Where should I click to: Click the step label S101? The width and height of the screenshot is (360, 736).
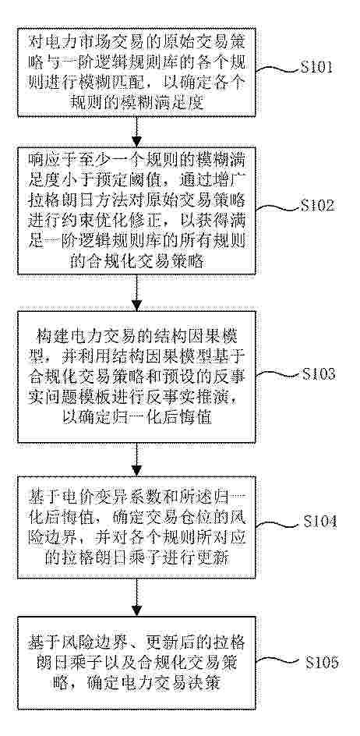(x=316, y=68)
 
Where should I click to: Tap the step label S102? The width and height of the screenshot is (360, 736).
(x=318, y=206)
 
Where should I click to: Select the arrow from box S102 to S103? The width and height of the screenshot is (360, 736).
(x=136, y=292)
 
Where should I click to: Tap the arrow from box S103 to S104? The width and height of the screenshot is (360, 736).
(x=136, y=459)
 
